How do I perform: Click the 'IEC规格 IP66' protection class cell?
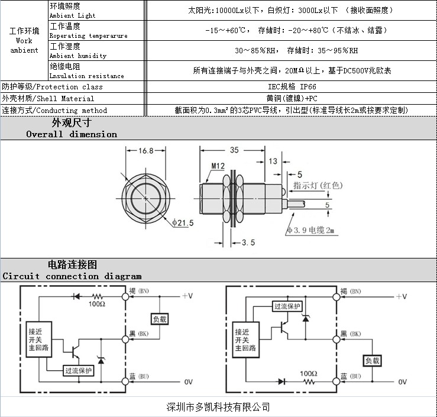(291, 86)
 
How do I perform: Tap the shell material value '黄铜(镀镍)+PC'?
(291, 98)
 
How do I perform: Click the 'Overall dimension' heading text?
(72, 134)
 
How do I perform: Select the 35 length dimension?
(234, 151)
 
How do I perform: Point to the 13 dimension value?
(273, 161)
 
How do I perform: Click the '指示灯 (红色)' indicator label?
(318, 186)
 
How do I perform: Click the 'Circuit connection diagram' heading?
(72, 276)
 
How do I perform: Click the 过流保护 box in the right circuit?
(287, 306)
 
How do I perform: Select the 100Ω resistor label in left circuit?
(97, 303)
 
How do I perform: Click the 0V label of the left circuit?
(189, 382)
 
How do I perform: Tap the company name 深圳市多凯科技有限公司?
(218, 407)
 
